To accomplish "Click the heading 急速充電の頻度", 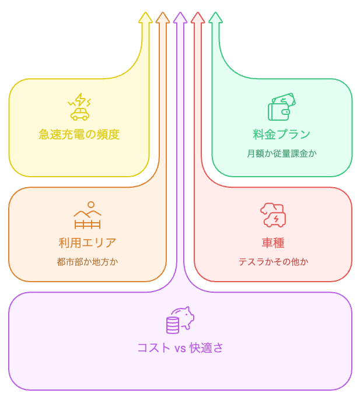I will (79, 135).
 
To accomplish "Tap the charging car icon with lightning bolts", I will (79, 107).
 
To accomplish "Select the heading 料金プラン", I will (282, 135).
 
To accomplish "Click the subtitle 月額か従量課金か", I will (282, 154).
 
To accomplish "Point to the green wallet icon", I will (282, 107).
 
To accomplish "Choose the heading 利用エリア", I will (88, 243).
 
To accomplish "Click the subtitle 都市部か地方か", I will (88, 262).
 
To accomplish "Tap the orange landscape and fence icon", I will (88, 215).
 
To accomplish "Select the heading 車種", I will (273, 243).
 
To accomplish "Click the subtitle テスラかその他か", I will (273, 262).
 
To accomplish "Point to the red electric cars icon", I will (273, 215).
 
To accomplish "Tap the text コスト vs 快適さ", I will (180, 348).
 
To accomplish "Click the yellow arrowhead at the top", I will (145, 17).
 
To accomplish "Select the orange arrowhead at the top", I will (163, 17).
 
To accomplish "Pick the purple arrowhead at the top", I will (180, 17).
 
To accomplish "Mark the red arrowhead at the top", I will (198, 17).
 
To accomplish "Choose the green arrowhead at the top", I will (215, 17).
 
